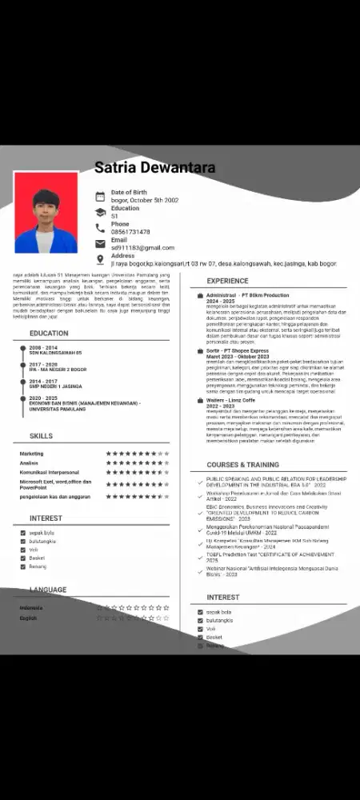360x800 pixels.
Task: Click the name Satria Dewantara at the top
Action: click(155, 168)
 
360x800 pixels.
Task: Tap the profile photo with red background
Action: click(46, 212)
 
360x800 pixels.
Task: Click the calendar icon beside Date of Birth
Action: click(100, 196)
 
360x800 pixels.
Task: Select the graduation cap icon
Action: click(100, 212)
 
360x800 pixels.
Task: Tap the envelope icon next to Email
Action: click(100, 244)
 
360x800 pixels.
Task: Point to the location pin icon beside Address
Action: click(100, 259)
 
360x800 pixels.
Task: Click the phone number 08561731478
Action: click(130, 232)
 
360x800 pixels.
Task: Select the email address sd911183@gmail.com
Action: click(142, 248)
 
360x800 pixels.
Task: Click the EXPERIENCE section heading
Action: click(227, 282)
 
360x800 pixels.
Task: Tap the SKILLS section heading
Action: click(41, 436)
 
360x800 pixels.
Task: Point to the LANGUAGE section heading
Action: click(48, 590)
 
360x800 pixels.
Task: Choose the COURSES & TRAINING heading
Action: click(242, 465)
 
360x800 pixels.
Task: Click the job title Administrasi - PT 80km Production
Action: click(247, 295)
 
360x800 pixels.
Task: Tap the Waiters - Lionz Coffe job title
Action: click(232, 401)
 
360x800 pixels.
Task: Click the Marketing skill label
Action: click(32, 454)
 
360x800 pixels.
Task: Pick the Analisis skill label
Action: click(29, 463)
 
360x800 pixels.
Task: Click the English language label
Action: click(28, 618)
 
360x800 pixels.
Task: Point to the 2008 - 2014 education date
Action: click(43, 348)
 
